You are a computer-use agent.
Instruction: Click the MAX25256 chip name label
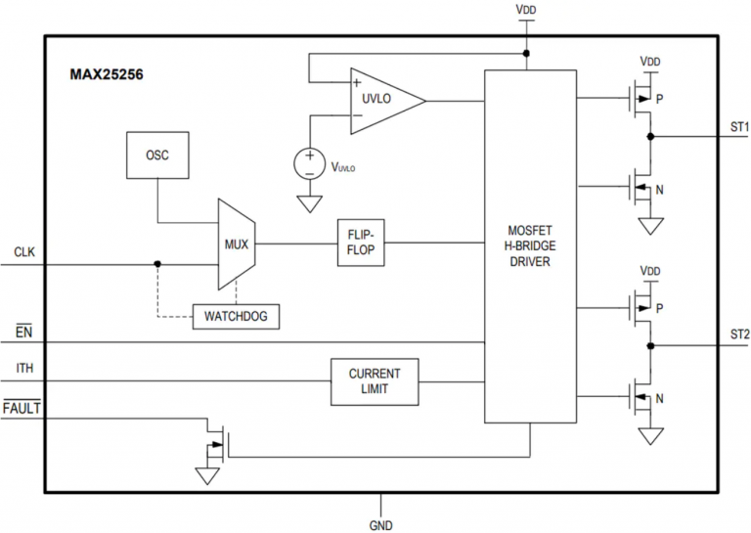(x=107, y=73)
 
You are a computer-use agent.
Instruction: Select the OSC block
(x=156, y=155)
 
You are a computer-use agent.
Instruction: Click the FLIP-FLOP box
(x=361, y=243)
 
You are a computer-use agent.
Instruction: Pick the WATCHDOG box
(x=235, y=316)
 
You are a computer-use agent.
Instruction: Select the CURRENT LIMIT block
(x=374, y=381)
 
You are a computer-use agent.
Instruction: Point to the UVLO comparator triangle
(x=383, y=101)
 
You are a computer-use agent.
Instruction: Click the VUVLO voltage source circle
(x=310, y=161)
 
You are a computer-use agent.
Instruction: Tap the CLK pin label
(x=24, y=252)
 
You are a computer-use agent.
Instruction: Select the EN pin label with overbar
(x=24, y=333)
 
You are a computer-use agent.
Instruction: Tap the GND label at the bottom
(x=381, y=524)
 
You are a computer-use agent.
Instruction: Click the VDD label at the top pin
(x=526, y=10)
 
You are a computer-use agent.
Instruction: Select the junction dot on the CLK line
(x=157, y=263)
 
